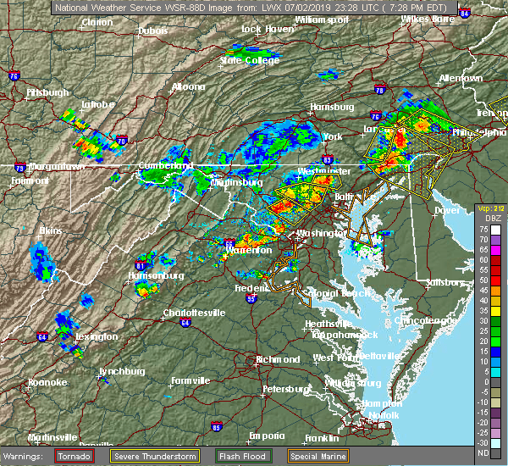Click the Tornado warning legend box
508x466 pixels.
click(74, 456)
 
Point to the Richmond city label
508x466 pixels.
click(279, 359)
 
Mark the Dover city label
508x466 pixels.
click(446, 209)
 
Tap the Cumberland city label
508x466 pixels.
click(167, 165)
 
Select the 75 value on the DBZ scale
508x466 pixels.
click(483, 229)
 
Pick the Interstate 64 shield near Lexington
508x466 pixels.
click(41, 336)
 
